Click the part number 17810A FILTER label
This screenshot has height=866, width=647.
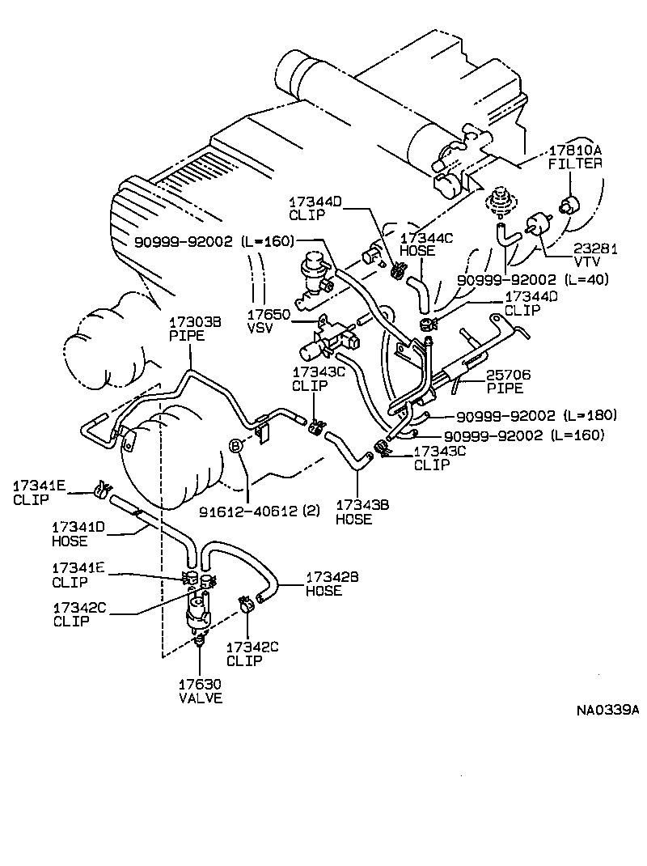576,157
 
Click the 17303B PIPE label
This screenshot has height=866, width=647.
188,328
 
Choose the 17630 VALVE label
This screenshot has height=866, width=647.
200,690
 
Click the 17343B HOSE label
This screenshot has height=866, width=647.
353,512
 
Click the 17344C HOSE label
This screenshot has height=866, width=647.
417,244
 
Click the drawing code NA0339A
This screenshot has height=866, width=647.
607,711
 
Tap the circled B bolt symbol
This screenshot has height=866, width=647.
235,446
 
